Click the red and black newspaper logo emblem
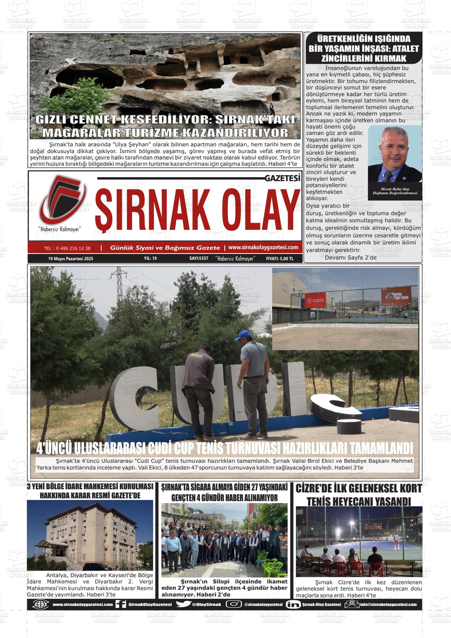pyautogui.click(x=61, y=201)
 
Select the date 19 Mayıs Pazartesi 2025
pyautogui.click(x=70, y=259)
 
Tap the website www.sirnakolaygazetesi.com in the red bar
pyautogui.click(x=263, y=247)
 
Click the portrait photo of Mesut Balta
pyautogui.click(x=395, y=154)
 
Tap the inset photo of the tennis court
pyautogui.click(x=345, y=309)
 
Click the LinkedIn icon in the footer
pyautogui.click(x=293, y=604)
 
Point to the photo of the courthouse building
pyautogui.click(x=90, y=535)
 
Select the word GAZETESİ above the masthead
pyautogui.click(x=282, y=179)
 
